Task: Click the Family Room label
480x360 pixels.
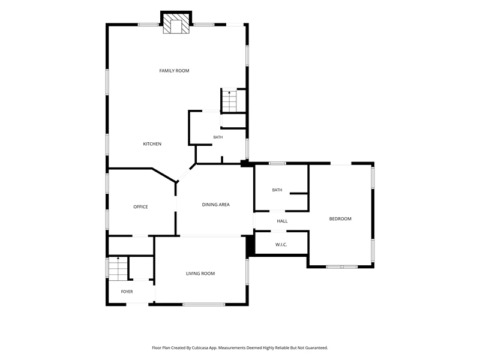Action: (x=174, y=71)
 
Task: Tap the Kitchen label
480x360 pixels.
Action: (x=152, y=144)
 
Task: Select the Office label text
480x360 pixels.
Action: (x=140, y=207)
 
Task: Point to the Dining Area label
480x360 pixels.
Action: (x=216, y=205)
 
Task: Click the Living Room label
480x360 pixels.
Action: (x=200, y=274)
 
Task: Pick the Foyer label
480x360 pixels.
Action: (x=127, y=292)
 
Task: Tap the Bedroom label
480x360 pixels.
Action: (x=340, y=219)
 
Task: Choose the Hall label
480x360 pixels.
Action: (x=282, y=221)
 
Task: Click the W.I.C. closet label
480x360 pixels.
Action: (x=281, y=245)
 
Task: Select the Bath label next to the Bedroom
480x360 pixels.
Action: (x=277, y=190)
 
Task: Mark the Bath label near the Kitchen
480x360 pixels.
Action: (x=218, y=137)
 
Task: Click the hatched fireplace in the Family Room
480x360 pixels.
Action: (x=176, y=23)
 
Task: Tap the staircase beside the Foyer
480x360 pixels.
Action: (x=118, y=268)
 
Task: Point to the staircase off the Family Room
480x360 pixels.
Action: (x=229, y=101)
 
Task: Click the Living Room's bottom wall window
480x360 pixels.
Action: (x=204, y=304)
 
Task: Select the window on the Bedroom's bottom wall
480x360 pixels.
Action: (x=341, y=267)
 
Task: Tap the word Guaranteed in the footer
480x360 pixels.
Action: (x=317, y=348)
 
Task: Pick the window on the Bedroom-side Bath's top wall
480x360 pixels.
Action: (x=277, y=163)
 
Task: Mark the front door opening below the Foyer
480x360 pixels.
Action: (x=137, y=304)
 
